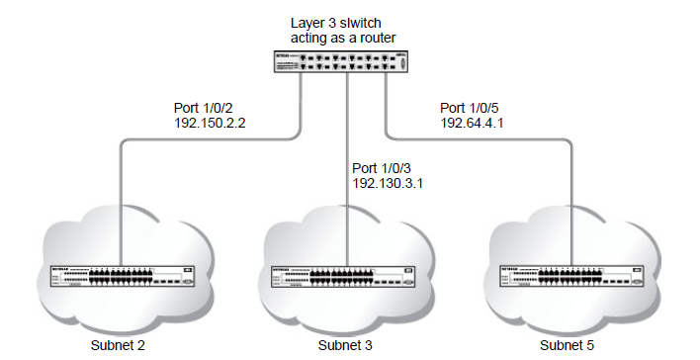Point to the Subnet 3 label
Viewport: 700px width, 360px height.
(346, 346)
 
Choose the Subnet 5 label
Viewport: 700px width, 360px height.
(569, 346)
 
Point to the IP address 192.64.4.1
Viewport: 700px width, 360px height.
(474, 127)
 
